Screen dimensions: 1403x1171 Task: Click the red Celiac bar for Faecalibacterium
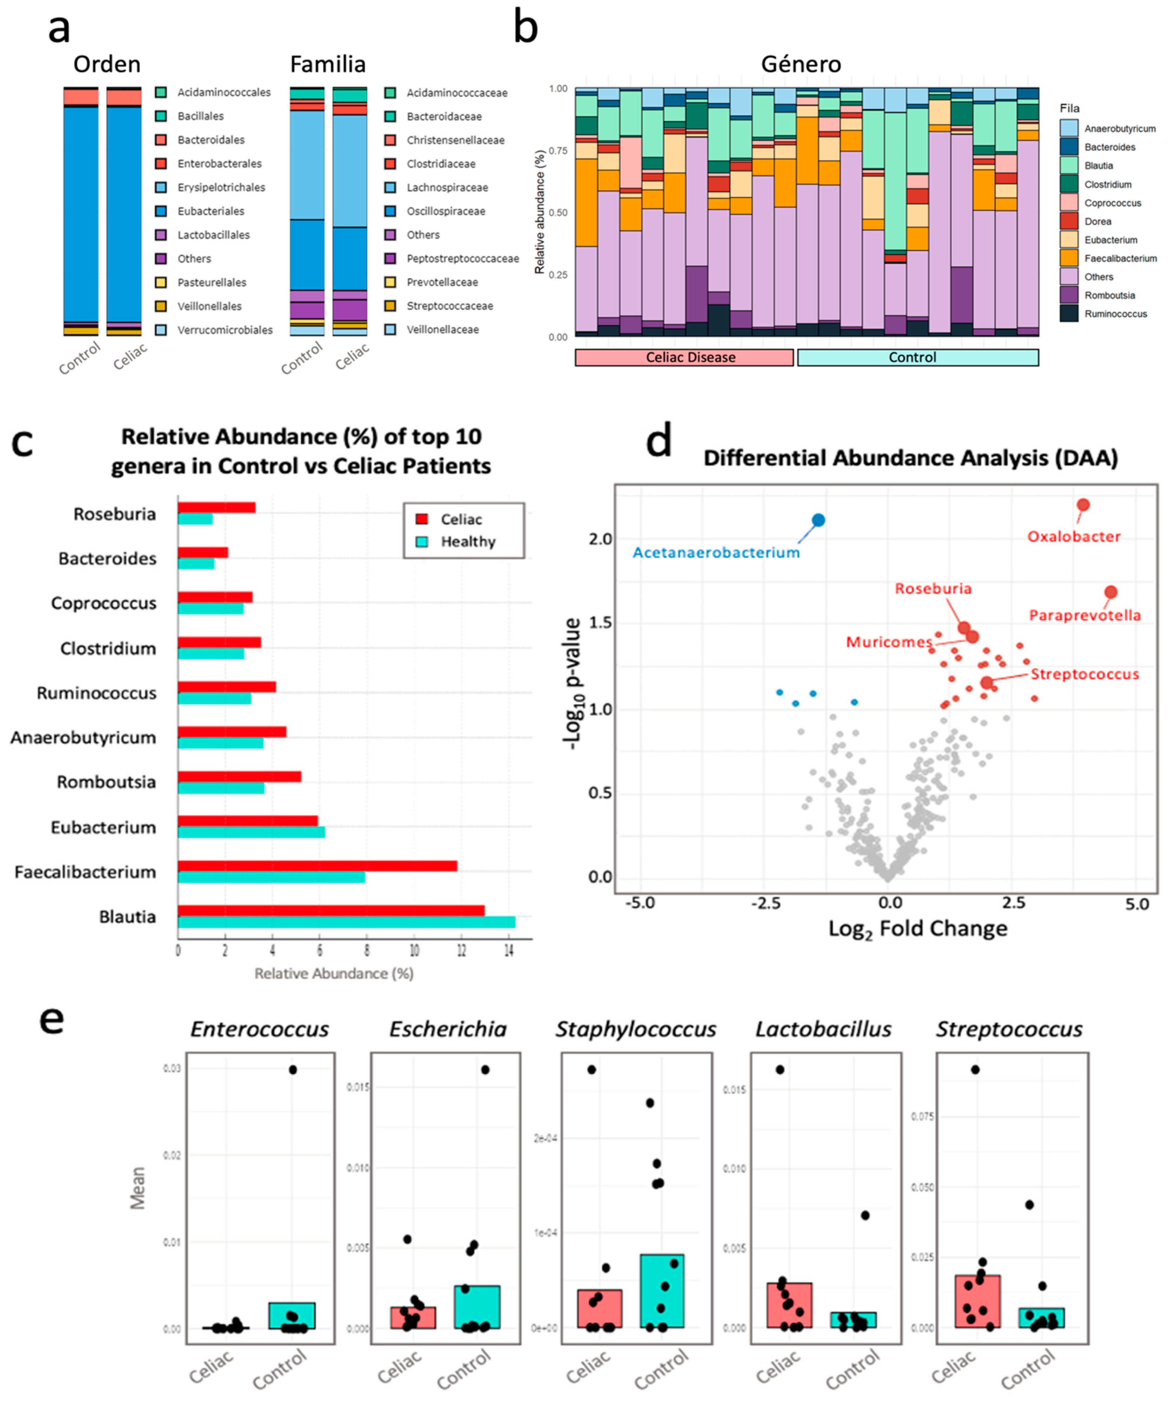tap(317, 866)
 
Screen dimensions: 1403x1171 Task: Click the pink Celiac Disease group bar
tap(684, 358)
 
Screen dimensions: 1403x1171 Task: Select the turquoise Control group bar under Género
tap(918, 358)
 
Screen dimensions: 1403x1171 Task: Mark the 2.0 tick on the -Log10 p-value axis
tap(601, 539)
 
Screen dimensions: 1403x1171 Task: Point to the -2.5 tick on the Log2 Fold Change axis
tap(765, 903)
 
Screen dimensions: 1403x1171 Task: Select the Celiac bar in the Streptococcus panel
tap(977, 1302)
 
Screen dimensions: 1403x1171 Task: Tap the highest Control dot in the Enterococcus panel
tap(293, 1070)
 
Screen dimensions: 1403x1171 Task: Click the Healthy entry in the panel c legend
tap(468, 542)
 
